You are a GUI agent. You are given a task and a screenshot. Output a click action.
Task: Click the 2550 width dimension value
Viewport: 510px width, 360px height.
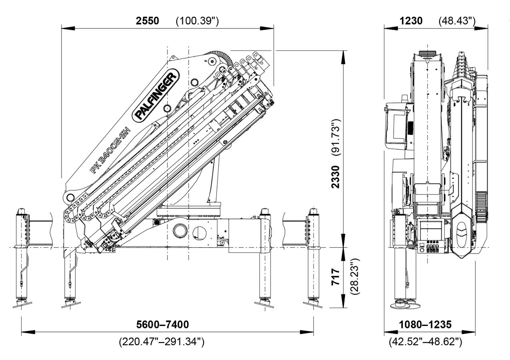tap(147, 21)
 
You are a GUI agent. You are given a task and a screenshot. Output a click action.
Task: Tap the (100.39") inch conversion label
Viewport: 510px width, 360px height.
tap(197, 21)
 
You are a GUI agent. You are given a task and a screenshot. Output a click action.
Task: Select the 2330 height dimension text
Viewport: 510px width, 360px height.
tap(336, 177)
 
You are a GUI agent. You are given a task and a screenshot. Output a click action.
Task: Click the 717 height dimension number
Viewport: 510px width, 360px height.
tap(336, 277)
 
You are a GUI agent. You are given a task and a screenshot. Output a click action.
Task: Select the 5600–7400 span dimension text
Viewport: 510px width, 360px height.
tap(162, 324)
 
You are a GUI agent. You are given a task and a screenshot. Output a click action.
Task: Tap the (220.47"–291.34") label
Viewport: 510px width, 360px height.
tap(162, 342)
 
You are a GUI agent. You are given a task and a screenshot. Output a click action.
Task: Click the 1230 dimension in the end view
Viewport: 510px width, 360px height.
tap(411, 21)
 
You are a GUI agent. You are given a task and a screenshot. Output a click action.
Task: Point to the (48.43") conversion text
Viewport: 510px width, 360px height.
tap(457, 21)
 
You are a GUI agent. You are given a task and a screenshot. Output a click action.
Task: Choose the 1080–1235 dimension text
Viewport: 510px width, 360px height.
tap(425, 324)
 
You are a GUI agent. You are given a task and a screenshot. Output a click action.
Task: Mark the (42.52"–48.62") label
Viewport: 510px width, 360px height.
tap(425, 342)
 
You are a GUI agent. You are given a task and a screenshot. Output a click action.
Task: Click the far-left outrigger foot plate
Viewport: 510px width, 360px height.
tap(22, 304)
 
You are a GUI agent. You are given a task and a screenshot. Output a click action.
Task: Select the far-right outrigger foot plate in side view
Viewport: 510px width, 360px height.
tap(313, 304)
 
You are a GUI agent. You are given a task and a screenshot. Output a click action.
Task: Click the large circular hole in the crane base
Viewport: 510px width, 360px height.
tap(180, 231)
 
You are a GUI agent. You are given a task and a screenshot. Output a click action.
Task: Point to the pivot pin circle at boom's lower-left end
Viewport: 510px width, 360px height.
tap(71, 197)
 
